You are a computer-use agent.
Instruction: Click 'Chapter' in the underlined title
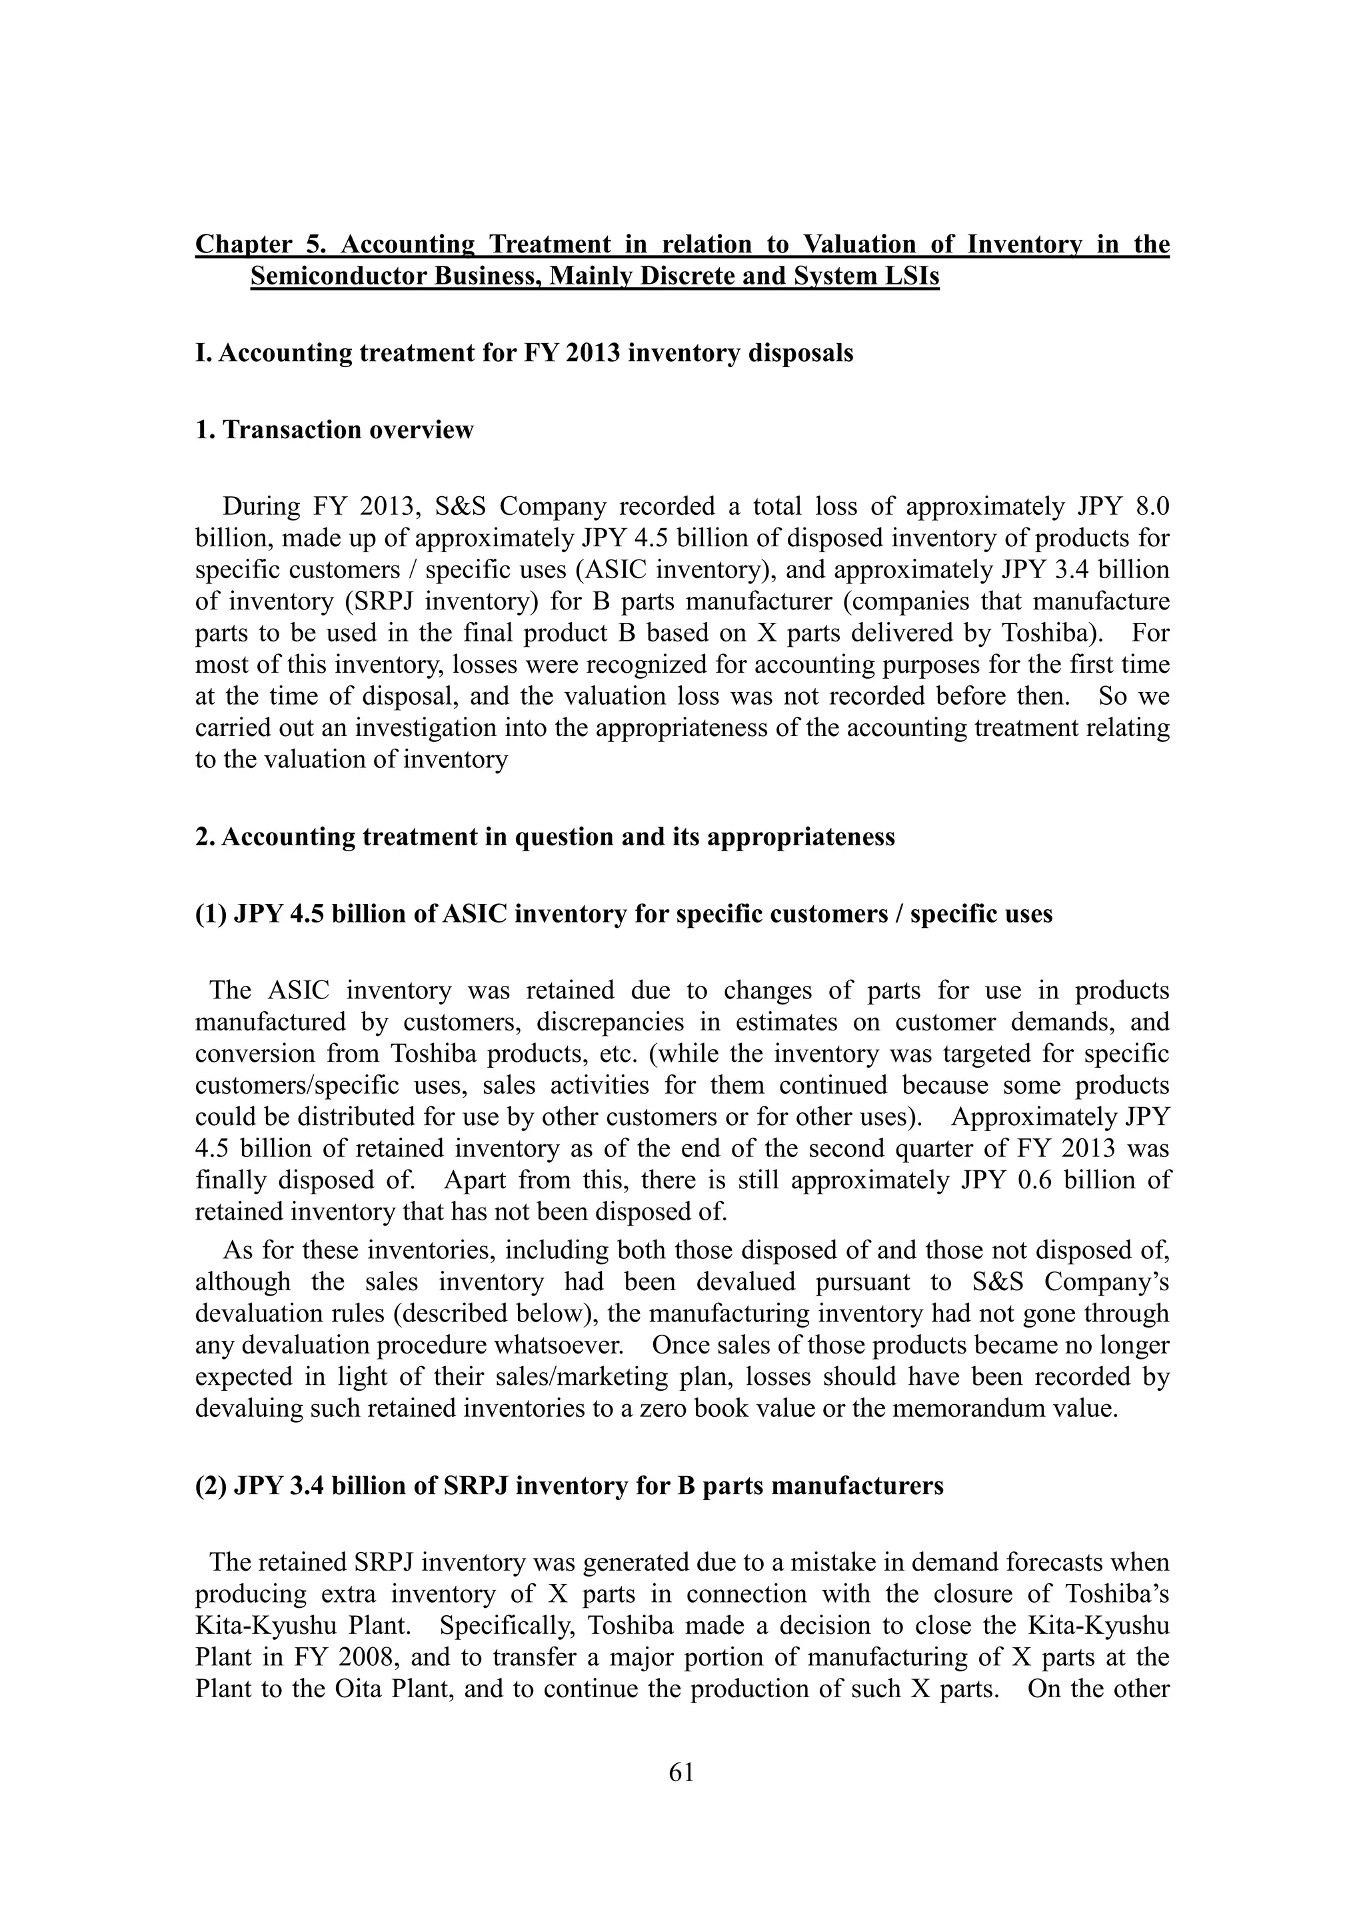[x=244, y=244]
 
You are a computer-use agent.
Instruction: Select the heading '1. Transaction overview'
[x=335, y=430]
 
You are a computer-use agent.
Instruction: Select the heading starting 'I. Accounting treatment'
[x=524, y=353]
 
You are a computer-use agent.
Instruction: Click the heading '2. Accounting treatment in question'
[x=545, y=838]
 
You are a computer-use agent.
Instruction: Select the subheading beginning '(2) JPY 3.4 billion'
[x=569, y=1486]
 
